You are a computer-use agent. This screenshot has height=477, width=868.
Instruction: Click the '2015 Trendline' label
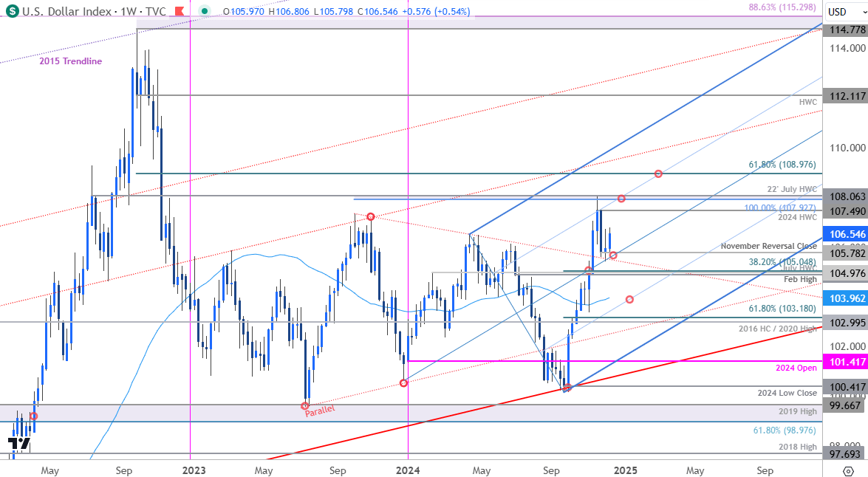pos(71,61)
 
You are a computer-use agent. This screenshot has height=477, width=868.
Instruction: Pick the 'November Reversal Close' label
pos(769,246)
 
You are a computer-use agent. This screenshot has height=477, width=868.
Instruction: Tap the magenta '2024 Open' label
pos(796,368)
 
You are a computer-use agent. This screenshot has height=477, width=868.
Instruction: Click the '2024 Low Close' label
pos(787,393)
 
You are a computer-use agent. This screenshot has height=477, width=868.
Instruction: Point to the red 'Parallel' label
pos(321,410)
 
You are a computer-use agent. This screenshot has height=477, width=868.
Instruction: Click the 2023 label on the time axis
pos(194,470)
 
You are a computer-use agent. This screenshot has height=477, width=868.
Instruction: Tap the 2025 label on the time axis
pos(625,470)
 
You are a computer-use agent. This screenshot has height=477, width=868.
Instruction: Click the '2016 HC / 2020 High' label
pos(779,328)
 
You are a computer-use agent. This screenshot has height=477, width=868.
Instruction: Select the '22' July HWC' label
pos(791,190)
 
